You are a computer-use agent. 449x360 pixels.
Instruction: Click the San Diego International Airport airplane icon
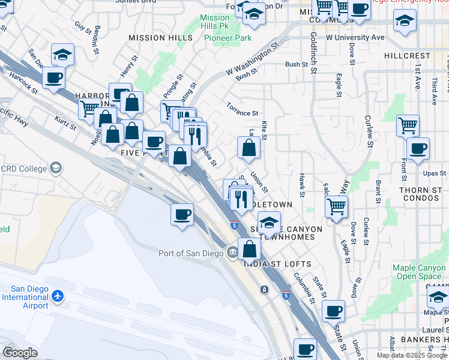(57, 296)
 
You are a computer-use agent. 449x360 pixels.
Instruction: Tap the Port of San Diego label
(191, 253)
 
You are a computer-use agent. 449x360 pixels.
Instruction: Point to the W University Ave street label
(355, 37)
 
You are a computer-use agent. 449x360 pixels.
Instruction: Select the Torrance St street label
(242, 109)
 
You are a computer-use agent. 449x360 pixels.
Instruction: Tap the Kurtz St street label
(64, 122)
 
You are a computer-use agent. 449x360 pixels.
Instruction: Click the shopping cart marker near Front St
(408, 125)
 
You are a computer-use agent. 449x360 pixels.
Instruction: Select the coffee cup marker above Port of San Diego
(182, 214)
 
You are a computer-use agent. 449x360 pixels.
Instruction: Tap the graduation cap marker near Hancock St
(63, 54)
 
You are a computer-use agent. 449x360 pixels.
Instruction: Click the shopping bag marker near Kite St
(249, 147)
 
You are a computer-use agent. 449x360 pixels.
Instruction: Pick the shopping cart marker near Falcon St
(336, 206)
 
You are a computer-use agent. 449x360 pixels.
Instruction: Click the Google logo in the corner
(20, 353)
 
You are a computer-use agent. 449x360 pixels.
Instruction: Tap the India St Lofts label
(277, 264)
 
